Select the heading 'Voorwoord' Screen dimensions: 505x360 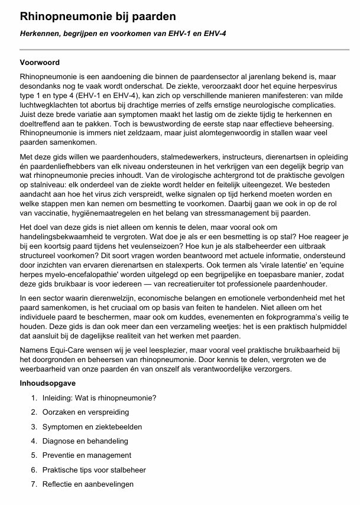(x=40, y=63)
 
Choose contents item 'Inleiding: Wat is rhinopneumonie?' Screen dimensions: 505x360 (x=99, y=398)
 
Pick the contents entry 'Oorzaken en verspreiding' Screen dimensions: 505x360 (x=85, y=412)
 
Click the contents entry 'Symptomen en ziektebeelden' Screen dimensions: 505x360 (x=92, y=426)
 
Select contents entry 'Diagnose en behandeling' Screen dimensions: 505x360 (x=86, y=441)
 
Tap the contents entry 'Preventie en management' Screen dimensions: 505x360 (x=87, y=455)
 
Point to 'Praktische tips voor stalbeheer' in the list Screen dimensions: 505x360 (x=94, y=470)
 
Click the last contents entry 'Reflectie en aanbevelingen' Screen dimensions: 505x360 (x=88, y=484)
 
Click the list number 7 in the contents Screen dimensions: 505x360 (x=34, y=484)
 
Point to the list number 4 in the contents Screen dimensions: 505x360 (x=34, y=441)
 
